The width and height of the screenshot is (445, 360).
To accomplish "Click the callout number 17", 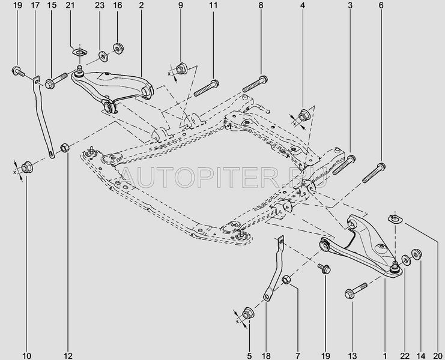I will (x=34, y=5).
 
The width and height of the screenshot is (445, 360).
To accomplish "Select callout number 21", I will (x=70, y=5).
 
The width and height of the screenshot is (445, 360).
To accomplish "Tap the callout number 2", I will (x=141, y=5).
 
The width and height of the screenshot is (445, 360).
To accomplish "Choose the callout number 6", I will (x=381, y=5).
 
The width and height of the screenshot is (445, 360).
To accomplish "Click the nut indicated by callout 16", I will (x=118, y=47).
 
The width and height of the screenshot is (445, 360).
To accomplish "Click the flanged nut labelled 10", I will (x=26, y=167).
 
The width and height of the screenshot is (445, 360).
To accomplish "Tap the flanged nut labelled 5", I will (x=248, y=313).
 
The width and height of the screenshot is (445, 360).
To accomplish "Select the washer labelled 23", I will (x=103, y=56).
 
